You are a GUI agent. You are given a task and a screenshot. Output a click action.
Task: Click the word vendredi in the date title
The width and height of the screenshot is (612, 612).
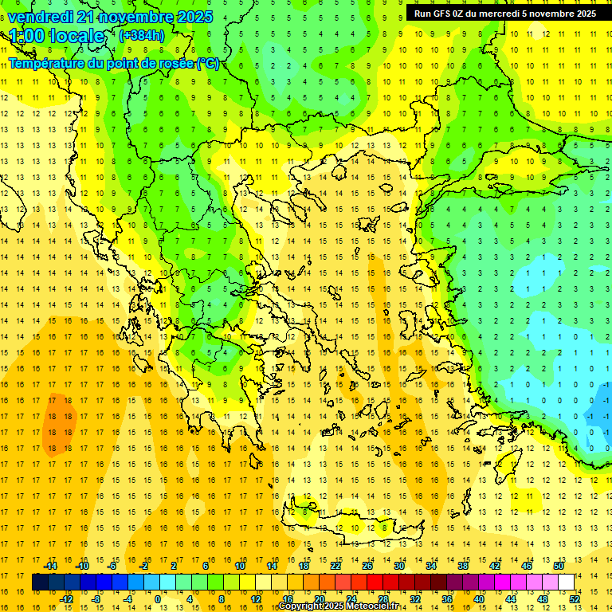point(41,17)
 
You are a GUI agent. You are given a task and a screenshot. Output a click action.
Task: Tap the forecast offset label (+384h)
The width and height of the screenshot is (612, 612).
point(141,36)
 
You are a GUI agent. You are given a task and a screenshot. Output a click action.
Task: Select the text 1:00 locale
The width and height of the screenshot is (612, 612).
point(57,36)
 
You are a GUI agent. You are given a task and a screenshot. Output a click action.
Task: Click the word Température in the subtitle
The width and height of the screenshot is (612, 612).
point(48,63)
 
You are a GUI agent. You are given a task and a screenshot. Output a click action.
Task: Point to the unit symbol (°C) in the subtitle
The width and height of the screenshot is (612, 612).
point(208,63)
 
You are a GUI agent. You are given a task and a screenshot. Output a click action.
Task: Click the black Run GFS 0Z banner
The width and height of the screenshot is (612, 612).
point(504,14)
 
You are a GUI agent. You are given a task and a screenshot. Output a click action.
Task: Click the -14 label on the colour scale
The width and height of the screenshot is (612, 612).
point(51,566)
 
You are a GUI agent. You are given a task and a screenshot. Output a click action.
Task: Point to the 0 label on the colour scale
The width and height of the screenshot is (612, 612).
point(158,599)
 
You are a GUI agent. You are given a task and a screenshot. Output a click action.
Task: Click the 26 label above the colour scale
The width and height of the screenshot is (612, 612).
point(368,566)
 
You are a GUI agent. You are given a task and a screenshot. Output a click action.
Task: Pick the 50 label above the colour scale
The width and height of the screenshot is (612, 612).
point(558,566)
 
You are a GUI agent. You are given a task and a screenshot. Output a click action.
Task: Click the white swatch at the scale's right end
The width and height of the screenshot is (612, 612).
point(566,583)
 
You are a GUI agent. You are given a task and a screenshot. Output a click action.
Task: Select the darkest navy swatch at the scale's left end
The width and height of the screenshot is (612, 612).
point(40,583)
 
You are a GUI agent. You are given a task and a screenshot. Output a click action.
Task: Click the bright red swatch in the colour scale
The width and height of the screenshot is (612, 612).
point(375,583)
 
